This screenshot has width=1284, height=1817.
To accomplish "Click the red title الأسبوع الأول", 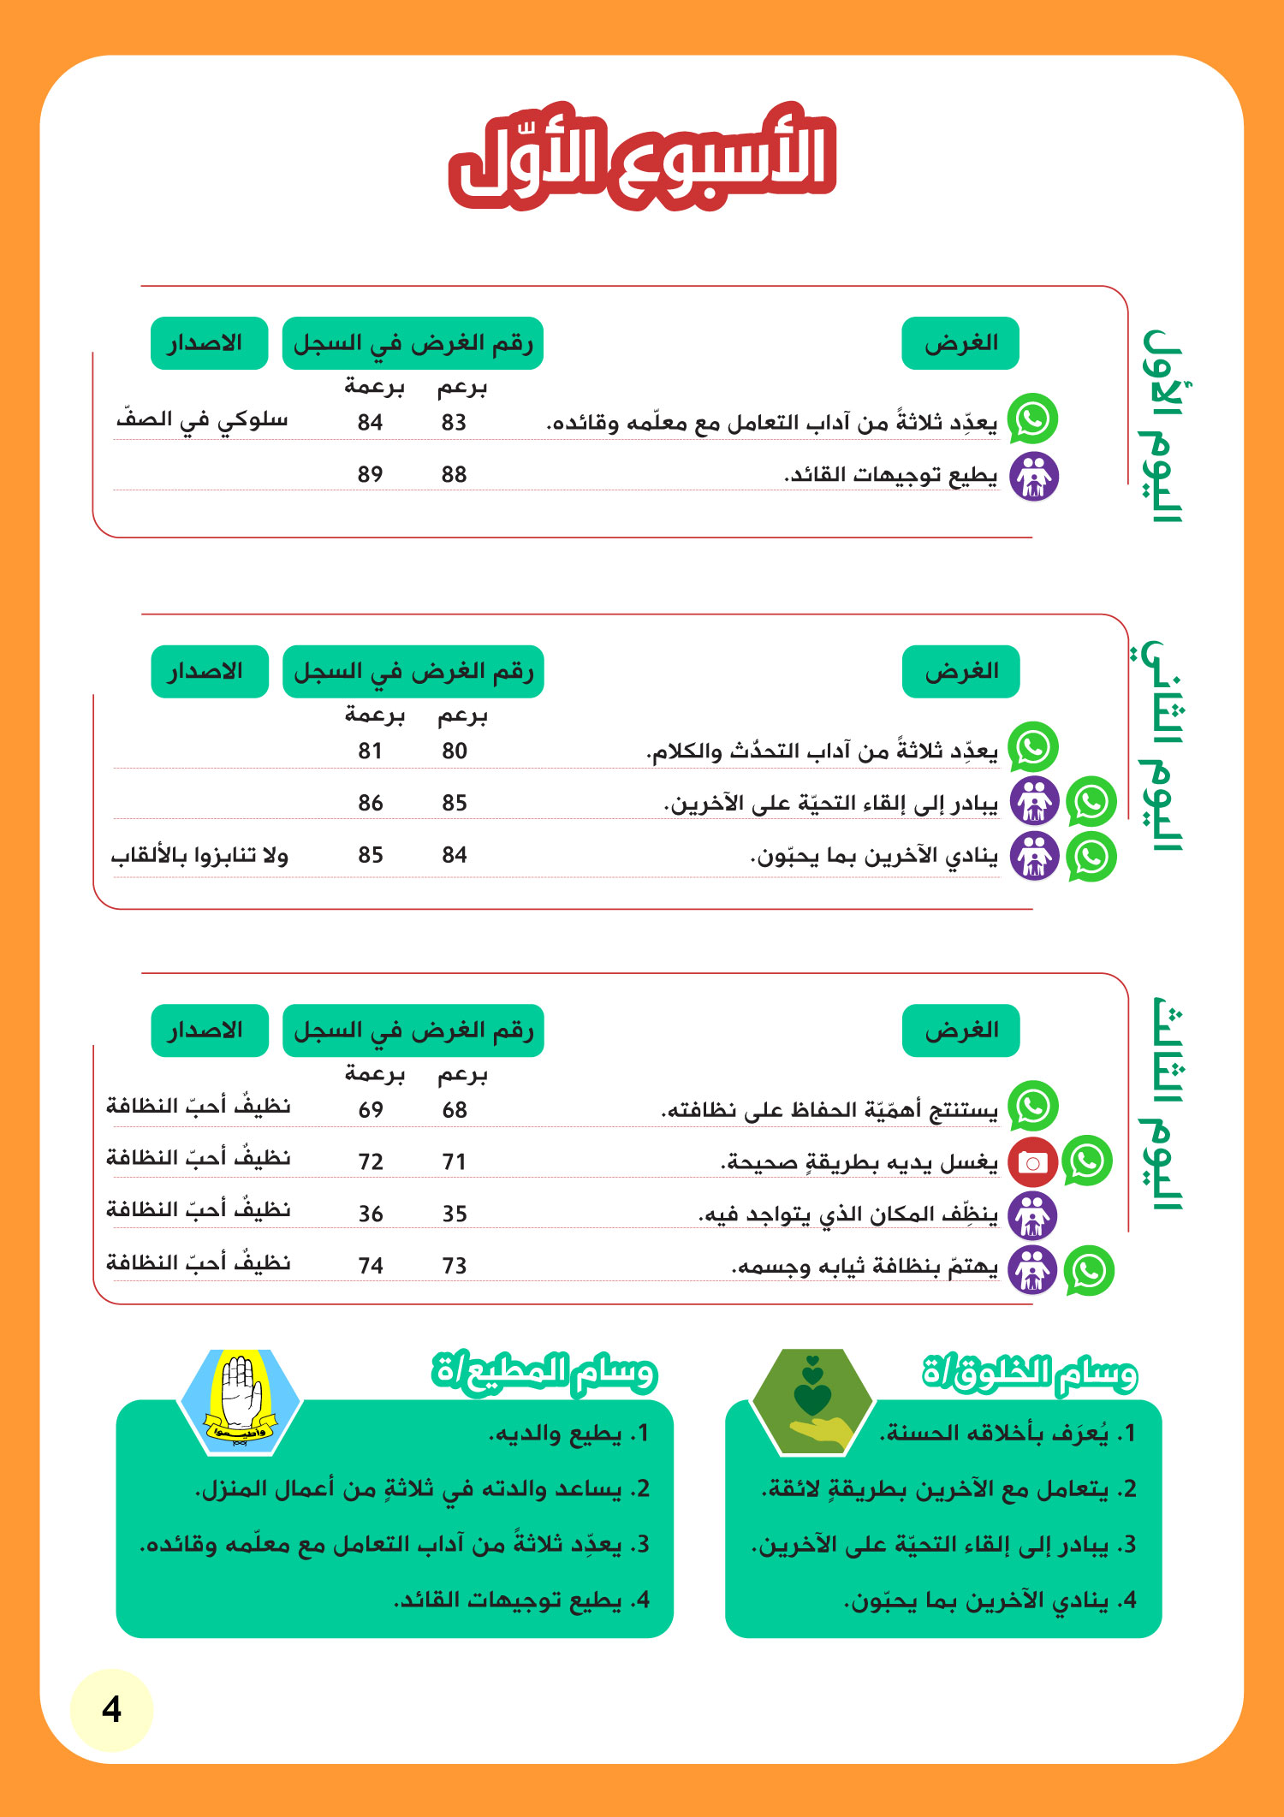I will pyautogui.click(x=642, y=158).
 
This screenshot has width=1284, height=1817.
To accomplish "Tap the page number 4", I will pyautogui.click(x=111, y=1709).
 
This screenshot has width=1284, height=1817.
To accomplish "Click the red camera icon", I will pyautogui.click(x=1033, y=1162).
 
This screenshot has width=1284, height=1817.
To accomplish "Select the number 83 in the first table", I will pyautogui.click(x=454, y=422).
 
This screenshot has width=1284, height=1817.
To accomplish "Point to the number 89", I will pyautogui.click(x=370, y=474).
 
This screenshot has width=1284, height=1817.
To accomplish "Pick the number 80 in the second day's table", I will pyautogui.click(x=454, y=751).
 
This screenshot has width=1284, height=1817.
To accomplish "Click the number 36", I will pyautogui.click(x=370, y=1214).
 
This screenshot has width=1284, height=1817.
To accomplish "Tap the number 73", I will pyautogui.click(x=454, y=1266).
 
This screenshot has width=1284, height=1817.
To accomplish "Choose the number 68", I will pyautogui.click(x=454, y=1110).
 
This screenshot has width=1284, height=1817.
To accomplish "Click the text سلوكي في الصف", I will pyautogui.click(x=202, y=419).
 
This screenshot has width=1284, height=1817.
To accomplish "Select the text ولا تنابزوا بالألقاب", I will pyautogui.click(x=199, y=855).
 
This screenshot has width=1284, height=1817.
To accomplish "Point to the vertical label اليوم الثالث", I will pyautogui.click(x=1162, y=1104).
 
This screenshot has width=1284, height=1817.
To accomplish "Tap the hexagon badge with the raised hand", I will pyautogui.click(x=240, y=1401).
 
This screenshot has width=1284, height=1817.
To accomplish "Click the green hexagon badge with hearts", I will pyautogui.click(x=812, y=1401).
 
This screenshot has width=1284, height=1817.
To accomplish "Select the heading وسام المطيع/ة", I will pyautogui.click(x=544, y=1372).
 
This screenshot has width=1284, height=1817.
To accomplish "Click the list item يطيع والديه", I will pyautogui.click(x=568, y=1434).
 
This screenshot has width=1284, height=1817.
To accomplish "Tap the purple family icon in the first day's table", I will pyautogui.click(x=1034, y=477).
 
